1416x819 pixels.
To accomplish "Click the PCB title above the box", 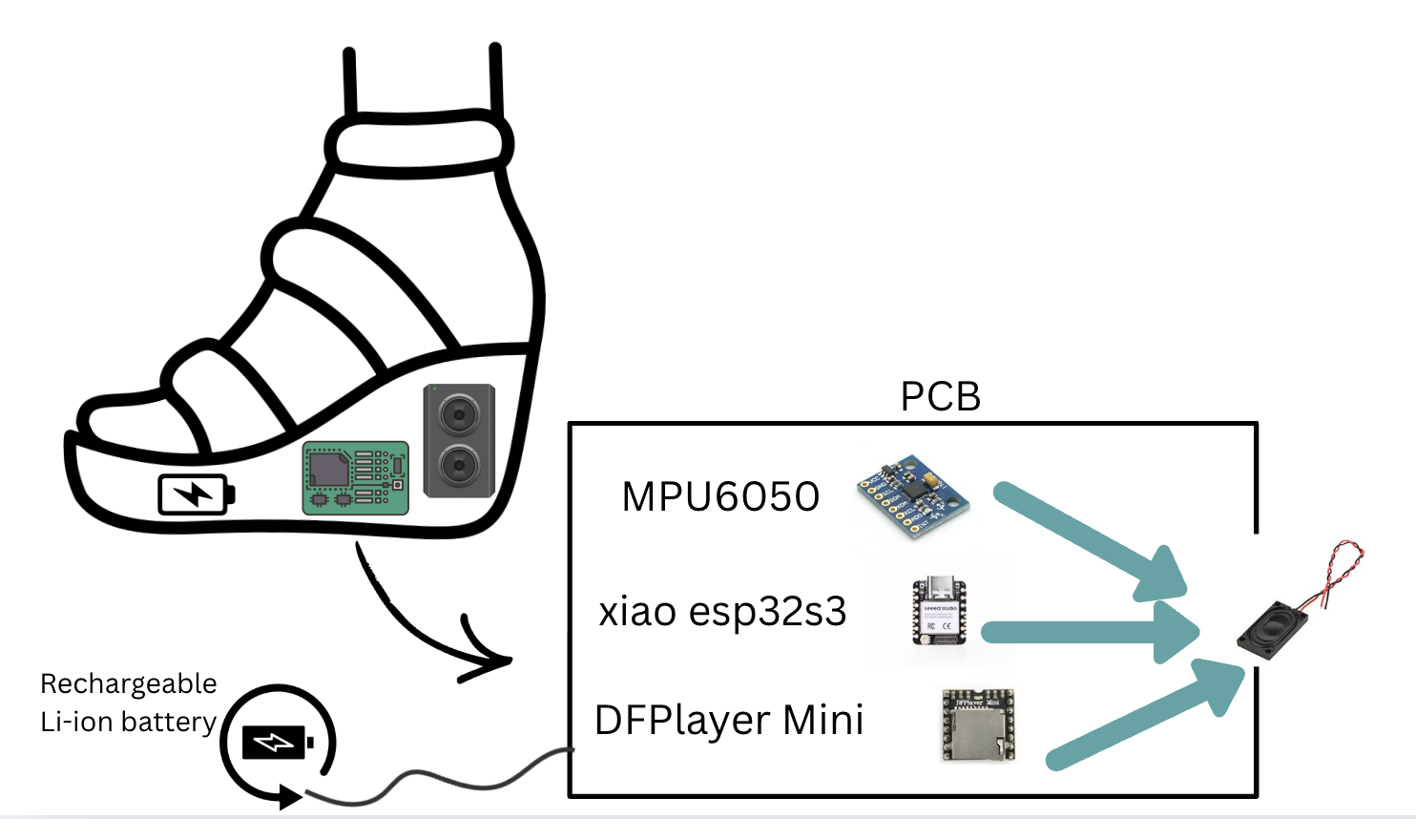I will point(940,397).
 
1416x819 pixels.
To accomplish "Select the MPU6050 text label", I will point(720,497).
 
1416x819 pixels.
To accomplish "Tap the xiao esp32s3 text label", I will point(722,612).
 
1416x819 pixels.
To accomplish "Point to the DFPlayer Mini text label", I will point(729,721).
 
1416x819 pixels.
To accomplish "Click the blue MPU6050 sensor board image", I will point(911,496).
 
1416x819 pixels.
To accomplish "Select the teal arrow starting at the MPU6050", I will point(1088,539).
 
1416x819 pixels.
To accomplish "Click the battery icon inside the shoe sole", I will point(196,494).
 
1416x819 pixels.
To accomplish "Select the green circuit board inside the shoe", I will point(355,477).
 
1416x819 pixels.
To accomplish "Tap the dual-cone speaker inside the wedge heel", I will point(459,441).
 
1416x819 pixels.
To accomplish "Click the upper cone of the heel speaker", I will point(459,416).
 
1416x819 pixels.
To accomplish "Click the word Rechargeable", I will point(129,684).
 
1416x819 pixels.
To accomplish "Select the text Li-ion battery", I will point(129,723).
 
